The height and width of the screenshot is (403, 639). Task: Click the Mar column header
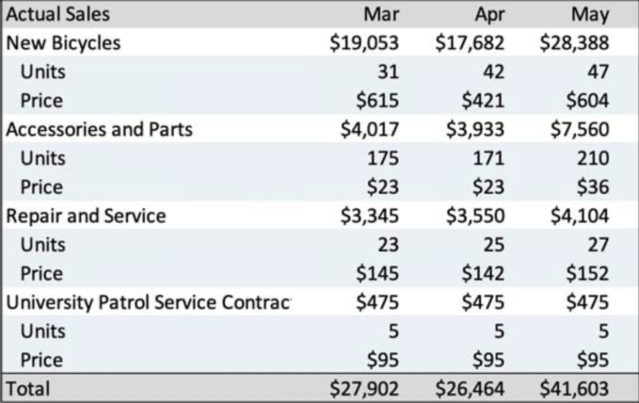pos(381,14)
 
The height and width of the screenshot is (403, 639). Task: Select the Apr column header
pos(489,14)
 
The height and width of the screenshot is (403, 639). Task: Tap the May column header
pos(590,14)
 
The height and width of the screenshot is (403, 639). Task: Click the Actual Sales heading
pos(57,14)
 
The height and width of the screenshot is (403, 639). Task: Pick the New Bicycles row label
pos(63,42)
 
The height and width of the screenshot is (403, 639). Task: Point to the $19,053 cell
pos(365,42)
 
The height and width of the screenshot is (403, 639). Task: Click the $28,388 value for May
pos(575,42)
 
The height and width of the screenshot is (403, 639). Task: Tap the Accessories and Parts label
pos(99,129)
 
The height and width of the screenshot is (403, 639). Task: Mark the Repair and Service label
pos(86,216)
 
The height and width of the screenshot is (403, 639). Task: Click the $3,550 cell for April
pos(475,216)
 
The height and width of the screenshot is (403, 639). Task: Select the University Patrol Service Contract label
pos(149,302)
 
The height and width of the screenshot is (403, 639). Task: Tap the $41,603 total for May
pos(575,388)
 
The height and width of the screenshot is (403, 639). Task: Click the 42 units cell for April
pos(493,71)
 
